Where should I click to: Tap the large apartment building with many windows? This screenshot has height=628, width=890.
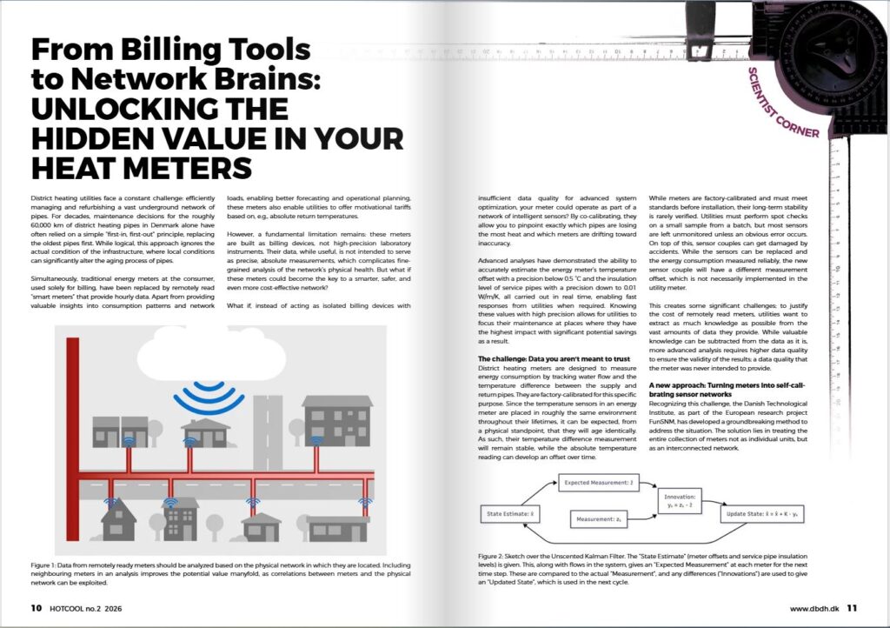click(x=336, y=420)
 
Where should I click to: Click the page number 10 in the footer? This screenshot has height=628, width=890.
click(x=36, y=608)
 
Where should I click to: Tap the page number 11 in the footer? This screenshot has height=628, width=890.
click(x=852, y=608)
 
